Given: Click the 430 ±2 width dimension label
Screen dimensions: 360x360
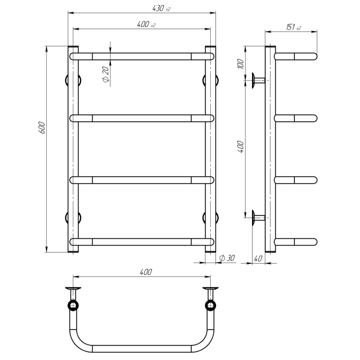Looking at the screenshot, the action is click(x=161, y=8).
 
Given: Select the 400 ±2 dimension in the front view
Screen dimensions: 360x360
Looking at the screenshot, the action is click(x=146, y=24).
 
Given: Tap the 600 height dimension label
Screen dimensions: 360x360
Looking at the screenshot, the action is click(x=42, y=128).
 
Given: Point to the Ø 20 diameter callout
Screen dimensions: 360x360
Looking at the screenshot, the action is click(x=105, y=74).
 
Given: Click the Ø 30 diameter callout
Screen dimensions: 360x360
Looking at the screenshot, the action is click(x=227, y=258).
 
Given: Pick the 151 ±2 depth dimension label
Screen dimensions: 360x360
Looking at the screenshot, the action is click(x=293, y=27).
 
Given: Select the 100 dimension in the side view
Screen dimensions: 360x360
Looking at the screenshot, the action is click(x=240, y=64).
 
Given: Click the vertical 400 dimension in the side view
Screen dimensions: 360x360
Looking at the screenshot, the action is click(x=240, y=147).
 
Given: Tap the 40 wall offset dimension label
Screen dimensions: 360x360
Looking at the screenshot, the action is click(x=258, y=258).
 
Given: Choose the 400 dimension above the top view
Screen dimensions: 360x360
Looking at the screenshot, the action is click(x=146, y=272).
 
